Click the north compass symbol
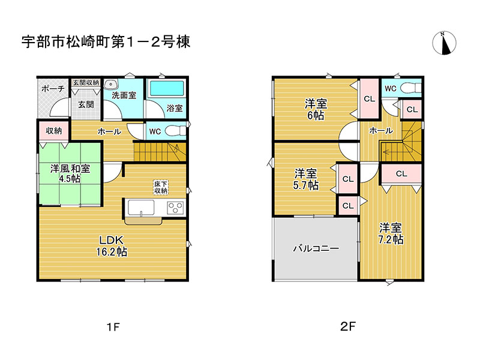click(x=445, y=42)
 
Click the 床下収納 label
click(x=160, y=187)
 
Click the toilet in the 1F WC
click(x=176, y=130)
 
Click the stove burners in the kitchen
click(x=175, y=208)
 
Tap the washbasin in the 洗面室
click(x=112, y=85)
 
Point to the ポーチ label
click(x=53, y=89)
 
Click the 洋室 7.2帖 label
click(x=391, y=233)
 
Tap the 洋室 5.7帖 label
click(x=306, y=179)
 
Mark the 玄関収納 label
click(x=86, y=82)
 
